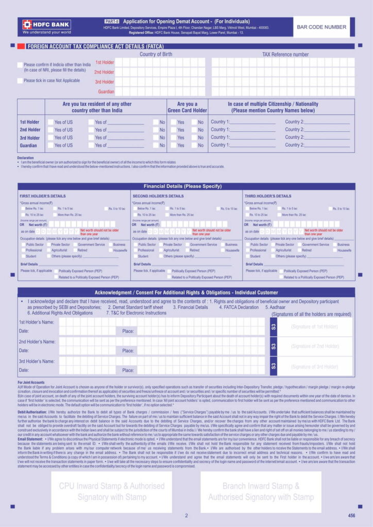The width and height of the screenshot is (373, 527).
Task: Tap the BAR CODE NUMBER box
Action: [x=324, y=27]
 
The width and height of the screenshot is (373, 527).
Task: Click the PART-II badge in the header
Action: [x=111, y=21]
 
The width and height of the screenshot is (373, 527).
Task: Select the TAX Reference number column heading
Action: [x=285, y=54]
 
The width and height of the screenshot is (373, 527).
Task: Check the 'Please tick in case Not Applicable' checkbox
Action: [x=20, y=81]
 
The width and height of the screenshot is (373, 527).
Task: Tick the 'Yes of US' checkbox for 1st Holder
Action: [x=50, y=122]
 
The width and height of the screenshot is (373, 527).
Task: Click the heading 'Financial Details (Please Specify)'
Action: [x=186, y=186]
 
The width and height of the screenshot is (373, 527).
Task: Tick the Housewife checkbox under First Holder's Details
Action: [x=109, y=250]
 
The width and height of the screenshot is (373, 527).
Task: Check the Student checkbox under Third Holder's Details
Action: [x=247, y=256]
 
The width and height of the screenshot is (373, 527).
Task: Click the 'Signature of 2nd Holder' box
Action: [x=314, y=346]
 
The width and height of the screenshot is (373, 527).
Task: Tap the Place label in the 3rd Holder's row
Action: [x=128, y=370]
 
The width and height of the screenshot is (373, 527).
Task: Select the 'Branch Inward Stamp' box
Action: [x=261, y=491]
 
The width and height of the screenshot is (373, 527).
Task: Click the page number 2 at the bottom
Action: [x=186, y=515]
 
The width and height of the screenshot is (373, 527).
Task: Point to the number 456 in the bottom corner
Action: [x=351, y=515]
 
